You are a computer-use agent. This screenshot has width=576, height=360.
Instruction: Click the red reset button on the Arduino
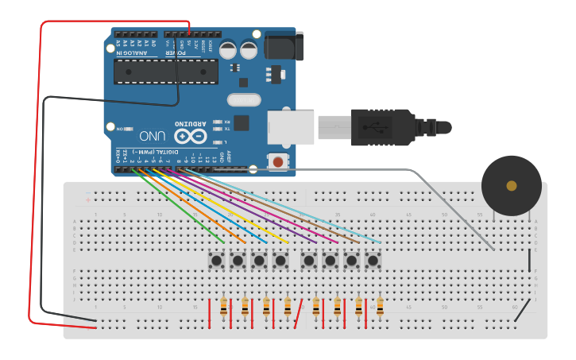(x=277, y=162)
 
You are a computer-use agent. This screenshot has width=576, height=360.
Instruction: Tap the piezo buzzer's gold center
(x=511, y=186)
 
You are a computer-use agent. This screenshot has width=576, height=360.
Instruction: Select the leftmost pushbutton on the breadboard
(x=216, y=260)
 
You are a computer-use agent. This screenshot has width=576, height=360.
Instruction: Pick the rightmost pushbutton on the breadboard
(x=373, y=260)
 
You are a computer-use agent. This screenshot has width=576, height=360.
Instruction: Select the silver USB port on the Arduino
(x=290, y=127)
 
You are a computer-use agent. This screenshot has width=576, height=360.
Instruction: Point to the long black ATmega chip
(x=165, y=71)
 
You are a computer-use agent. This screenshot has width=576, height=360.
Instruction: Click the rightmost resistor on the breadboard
(x=380, y=307)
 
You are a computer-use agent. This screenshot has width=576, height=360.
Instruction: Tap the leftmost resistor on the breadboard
(x=223, y=307)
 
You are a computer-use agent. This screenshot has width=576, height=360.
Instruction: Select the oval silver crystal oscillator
(x=243, y=100)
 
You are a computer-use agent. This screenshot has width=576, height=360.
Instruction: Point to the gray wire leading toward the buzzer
(x=445, y=199)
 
